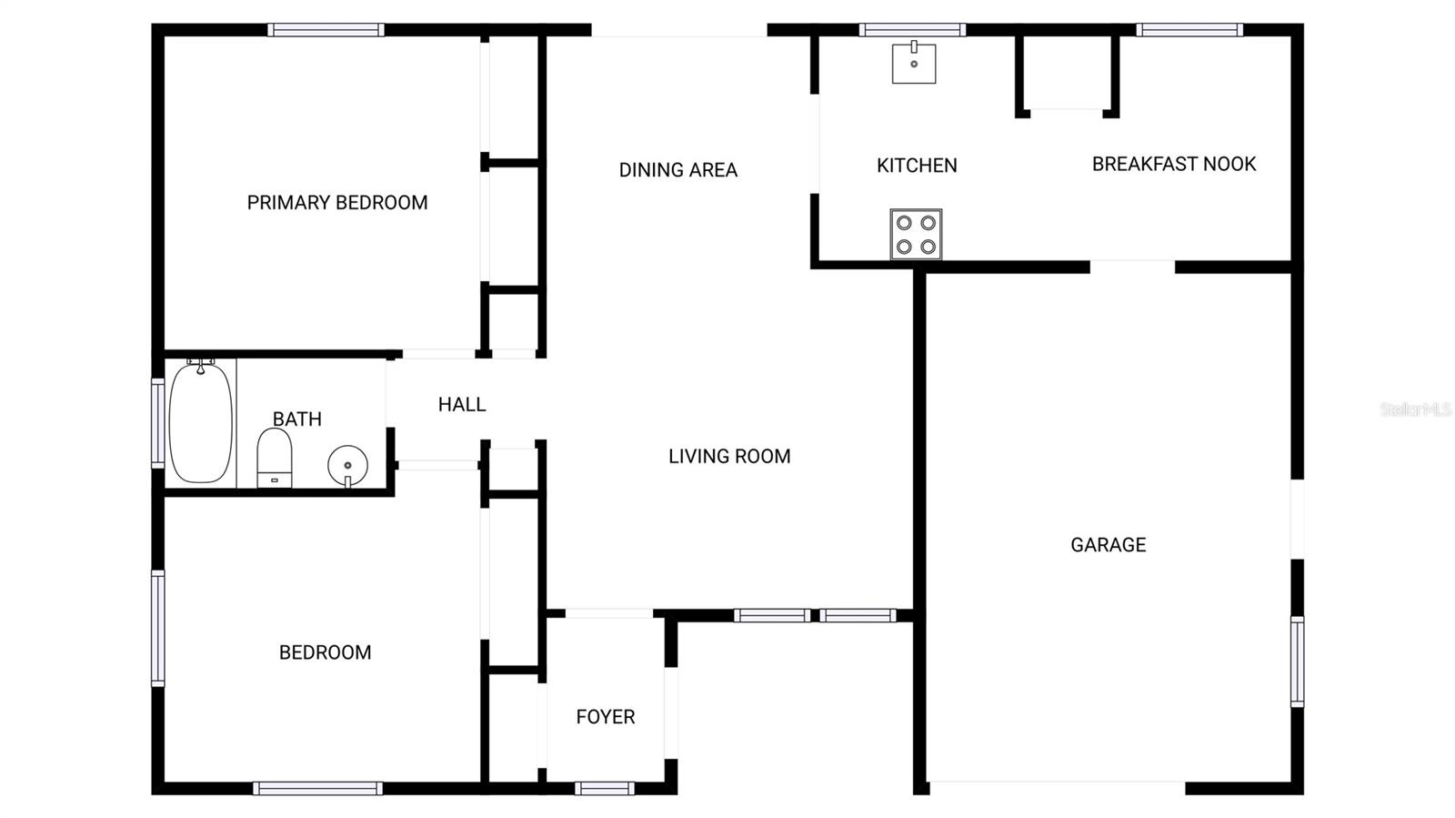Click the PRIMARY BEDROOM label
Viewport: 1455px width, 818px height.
click(x=337, y=202)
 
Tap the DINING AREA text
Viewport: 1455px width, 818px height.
click(x=677, y=170)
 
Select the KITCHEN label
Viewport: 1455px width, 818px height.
click(x=917, y=166)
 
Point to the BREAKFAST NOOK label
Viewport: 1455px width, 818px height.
click(x=1174, y=164)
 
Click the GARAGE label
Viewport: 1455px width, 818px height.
click(x=1108, y=545)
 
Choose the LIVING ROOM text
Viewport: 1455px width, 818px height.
click(x=729, y=457)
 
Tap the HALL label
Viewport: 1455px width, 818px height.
click(x=462, y=405)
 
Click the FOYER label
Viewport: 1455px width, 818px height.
click(x=606, y=717)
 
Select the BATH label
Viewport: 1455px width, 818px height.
click(x=297, y=419)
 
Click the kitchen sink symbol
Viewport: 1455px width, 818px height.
click(x=914, y=63)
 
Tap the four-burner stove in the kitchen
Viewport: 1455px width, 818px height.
click(x=916, y=235)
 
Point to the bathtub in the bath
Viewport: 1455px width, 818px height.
click(x=201, y=423)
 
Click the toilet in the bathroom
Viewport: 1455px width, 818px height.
click(x=275, y=458)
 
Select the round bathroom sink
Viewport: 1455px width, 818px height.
click(x=347, y=465)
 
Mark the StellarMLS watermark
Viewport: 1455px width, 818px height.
click(x=1415, y=409)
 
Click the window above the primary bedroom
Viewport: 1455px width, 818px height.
click(x=326, y=30)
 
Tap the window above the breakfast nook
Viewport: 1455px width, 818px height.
click(x=1189, y=30)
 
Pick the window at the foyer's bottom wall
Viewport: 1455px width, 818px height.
click(x=605, y=788)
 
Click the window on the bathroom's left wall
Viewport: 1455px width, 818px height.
click(x=157, y=423)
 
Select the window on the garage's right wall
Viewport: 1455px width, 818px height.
click(x=1298, y=661)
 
